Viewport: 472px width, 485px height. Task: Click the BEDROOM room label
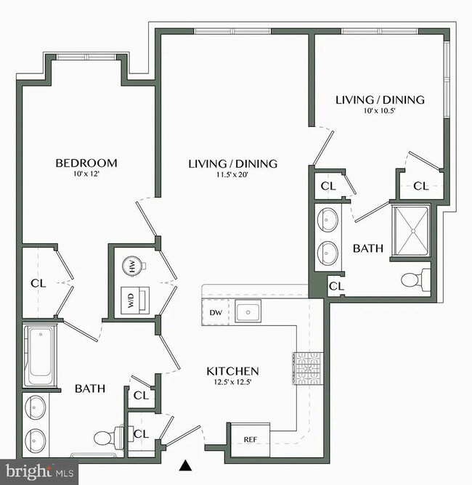click(x=86, y=163)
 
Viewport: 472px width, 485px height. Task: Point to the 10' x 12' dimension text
click(x=86, y=174)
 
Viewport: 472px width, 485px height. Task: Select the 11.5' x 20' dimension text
click(x=232, y=175)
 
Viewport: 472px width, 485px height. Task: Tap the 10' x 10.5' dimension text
click(x=379, y=111)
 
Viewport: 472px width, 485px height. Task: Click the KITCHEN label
click(x=232, y=371)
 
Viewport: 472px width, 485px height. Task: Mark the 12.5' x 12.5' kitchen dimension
click(x=232, y=383)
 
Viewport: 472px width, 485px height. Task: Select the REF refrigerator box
click(x=250, y=439)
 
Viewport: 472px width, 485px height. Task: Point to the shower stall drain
click(x=412, y=231)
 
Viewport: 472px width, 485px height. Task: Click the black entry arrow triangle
click(x=186, y=465)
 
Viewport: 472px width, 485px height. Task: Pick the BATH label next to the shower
click(x=367, y=248)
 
